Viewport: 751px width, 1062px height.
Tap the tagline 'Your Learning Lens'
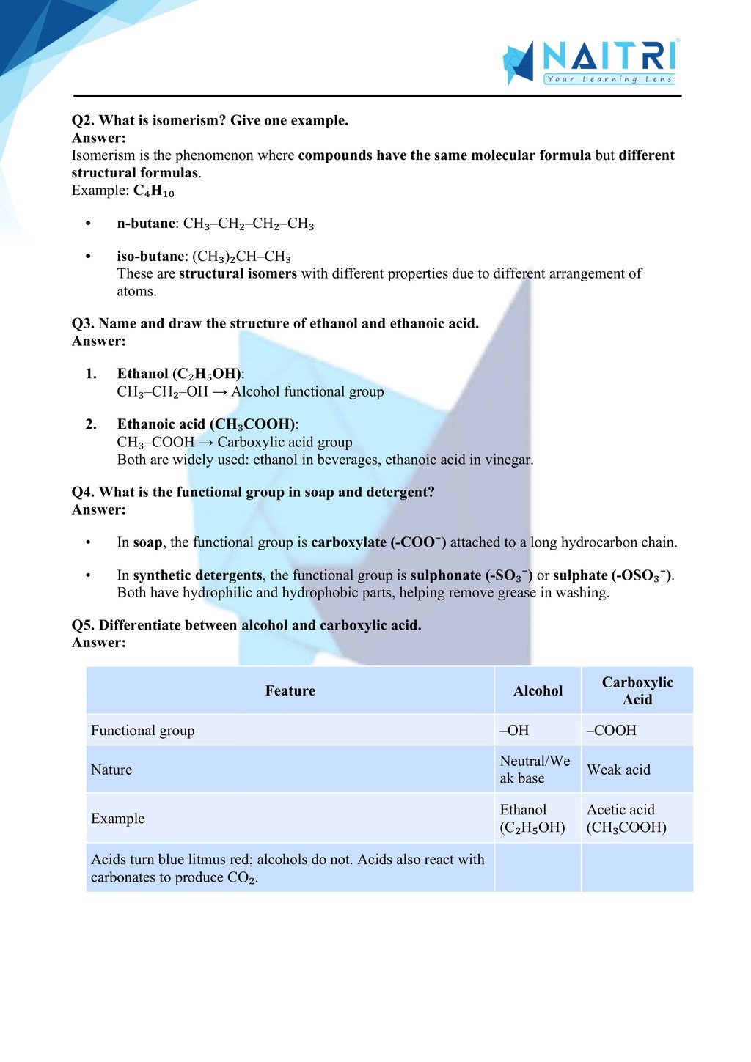(x=609, y=79)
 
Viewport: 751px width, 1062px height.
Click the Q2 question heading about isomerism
(x=210, y=120)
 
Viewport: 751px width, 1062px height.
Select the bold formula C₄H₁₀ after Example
(x=154, y=191)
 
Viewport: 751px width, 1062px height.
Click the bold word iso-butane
(x=150, y=257)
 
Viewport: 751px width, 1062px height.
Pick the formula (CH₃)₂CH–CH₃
(x=242, y=257)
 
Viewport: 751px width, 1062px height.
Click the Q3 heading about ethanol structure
(x=275, y=323)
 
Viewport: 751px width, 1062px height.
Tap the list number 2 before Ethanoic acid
(x=91, y=424)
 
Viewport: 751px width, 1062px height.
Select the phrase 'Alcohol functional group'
(x=307, y=391)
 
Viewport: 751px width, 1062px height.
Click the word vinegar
(x=508, y=460)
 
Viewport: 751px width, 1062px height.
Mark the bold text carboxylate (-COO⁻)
(x=378, y=542)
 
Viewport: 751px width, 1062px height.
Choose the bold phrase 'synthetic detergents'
(x=197, y=575)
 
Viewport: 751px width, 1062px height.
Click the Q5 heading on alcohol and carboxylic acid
(x=246, y=625)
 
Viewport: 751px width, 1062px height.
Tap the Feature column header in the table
(x=290, y=690)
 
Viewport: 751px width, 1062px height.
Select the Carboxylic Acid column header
(x=637, y=690)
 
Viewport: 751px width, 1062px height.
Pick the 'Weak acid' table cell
(x=618, y=770)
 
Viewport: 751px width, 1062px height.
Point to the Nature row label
(x=111, y=770)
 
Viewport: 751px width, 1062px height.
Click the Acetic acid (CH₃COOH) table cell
(x=626, y=819)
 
